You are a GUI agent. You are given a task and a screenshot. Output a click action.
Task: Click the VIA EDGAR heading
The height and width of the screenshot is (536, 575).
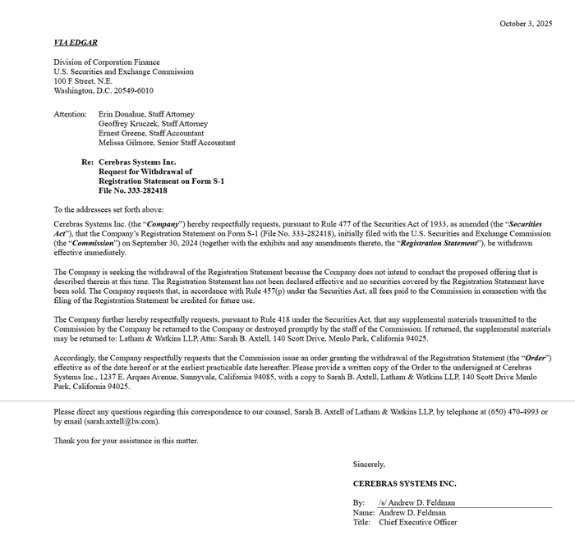[x=76, y=42]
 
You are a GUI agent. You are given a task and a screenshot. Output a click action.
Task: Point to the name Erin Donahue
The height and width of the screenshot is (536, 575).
[x=122, y=114]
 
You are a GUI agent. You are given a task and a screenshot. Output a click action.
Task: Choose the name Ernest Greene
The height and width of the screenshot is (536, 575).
[x=121, y=133]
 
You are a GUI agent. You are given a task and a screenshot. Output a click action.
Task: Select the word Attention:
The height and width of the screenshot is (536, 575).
[x=70, y=114]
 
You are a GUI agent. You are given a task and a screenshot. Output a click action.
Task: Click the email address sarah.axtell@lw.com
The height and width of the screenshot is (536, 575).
[x=121, y=421]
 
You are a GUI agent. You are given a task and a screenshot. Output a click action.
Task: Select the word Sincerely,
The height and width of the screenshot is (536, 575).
[x=369, y=464]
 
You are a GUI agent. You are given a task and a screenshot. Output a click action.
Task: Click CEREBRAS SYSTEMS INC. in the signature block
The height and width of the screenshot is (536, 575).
[x=404, y=483]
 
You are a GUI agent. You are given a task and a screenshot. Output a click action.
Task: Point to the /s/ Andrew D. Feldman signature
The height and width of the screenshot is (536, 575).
[x=416, y=502]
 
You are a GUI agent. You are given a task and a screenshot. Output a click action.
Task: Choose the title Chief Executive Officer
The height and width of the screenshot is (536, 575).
[x=417, y=522]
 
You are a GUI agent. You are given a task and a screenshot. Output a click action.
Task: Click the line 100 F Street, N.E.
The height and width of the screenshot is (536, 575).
[x=83, y=81]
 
